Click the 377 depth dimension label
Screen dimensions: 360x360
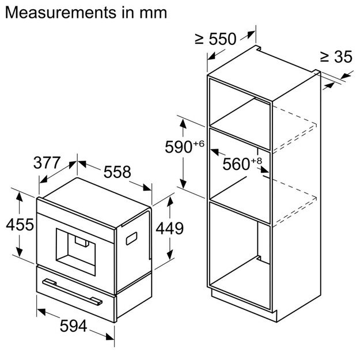pos(47,163)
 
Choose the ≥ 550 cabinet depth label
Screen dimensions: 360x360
pos(215,39)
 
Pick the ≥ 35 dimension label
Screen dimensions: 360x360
pos(336,57)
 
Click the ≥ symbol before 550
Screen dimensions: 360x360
pos(200,39)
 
